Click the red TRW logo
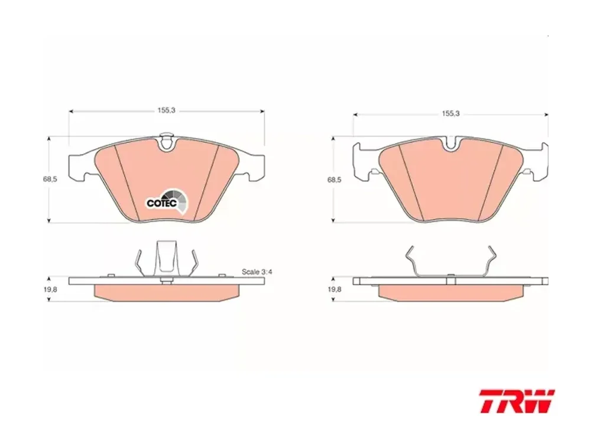tap(517, 401)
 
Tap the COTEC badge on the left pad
tap(167, 202)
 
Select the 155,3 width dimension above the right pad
tap(451, 113)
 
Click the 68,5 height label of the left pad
tap(50, 180)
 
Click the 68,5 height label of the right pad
tap(334, 180)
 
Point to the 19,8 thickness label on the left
tap(50, 289)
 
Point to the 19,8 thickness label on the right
tap(334, 289)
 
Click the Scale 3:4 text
tap(256, 272)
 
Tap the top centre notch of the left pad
tap(166, 142)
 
